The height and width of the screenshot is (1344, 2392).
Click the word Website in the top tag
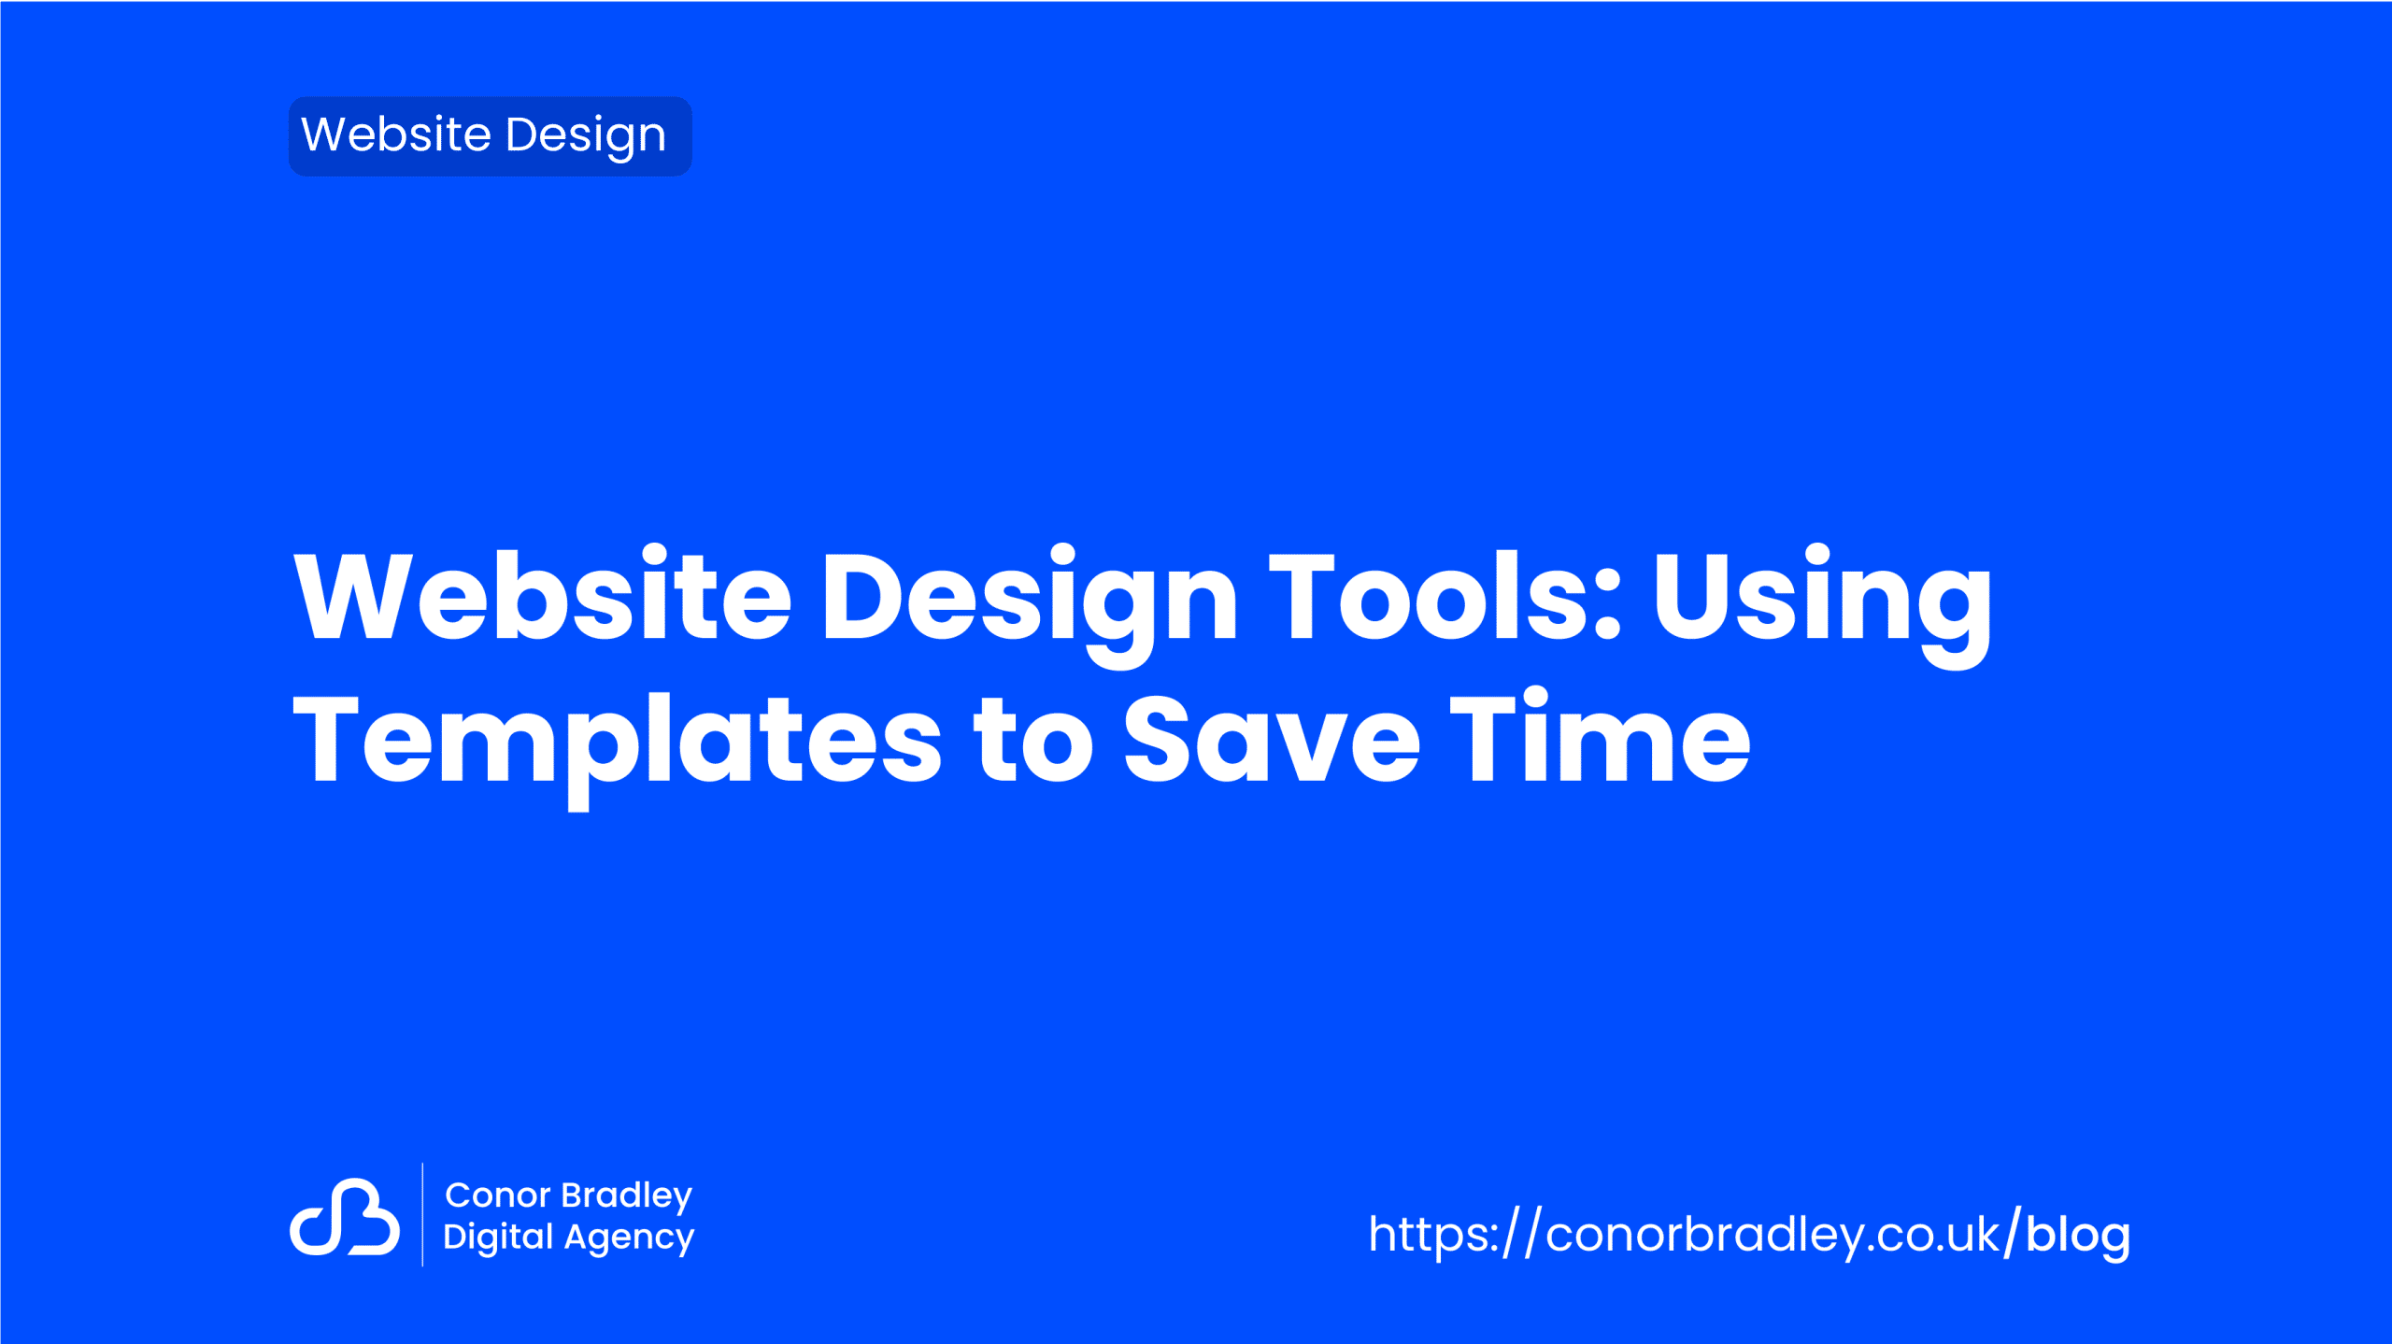click(x=395, y=134)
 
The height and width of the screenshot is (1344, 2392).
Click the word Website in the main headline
click(x=543, y=595)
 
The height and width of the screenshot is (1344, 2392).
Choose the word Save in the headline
click(x=1272, y=738)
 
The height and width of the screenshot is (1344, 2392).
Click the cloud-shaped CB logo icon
click(x=345, y=1216)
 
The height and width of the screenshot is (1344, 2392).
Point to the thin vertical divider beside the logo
click(x=422, y=1214)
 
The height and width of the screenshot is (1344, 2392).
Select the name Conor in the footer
click(x=497, y=1195)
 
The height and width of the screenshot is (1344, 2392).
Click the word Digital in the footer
click(x=499, y=1238)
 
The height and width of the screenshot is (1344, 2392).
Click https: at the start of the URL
click(x=1433, y=1234)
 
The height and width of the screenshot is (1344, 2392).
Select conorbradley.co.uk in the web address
click(x=1773, y=1235)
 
